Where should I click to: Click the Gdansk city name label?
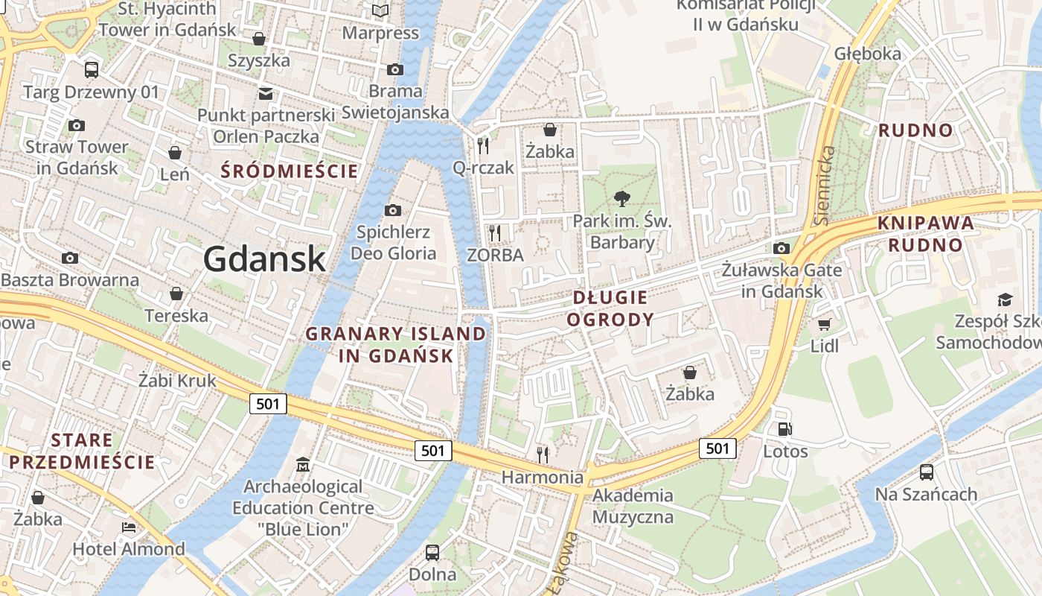264,259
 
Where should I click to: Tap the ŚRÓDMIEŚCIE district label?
290,171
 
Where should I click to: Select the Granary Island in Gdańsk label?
395,344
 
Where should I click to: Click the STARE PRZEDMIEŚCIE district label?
82,451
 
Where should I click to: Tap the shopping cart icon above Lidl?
824,324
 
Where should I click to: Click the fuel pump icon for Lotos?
784,428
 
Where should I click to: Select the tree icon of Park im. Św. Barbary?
621,198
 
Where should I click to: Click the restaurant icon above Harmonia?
543,454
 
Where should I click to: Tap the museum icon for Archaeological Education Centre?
302,465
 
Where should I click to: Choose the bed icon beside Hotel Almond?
129,527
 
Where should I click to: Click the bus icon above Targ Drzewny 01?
92,69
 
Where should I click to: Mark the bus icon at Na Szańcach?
926,472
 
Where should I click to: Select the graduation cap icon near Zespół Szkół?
1005,299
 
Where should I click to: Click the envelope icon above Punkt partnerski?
265,93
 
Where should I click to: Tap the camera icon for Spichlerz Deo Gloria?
393,210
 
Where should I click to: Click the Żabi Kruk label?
177,381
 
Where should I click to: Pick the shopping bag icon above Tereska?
176,294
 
